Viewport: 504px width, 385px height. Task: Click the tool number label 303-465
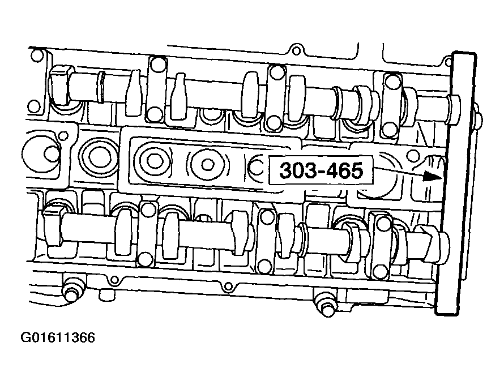(320, 170)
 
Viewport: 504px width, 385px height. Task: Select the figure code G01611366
(58, 338)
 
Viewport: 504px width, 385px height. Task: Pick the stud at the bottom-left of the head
(71, 292)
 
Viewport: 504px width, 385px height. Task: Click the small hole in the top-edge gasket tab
(293, 46)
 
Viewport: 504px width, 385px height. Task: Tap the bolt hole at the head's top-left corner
(37, 56)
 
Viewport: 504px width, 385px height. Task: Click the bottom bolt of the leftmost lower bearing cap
(146, 259)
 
